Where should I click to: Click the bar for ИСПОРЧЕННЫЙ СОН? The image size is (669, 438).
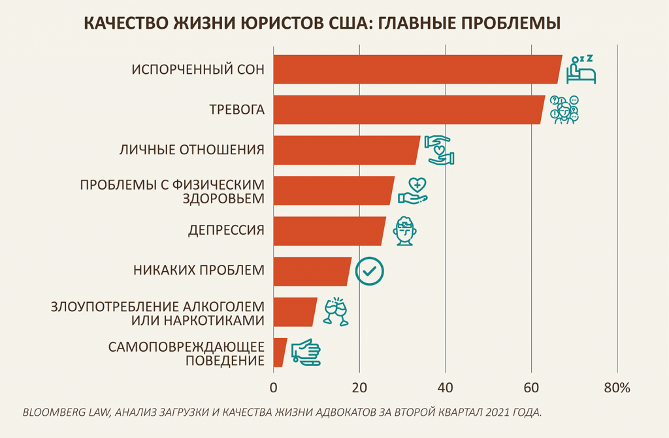417,69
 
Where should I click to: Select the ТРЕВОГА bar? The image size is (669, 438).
408,110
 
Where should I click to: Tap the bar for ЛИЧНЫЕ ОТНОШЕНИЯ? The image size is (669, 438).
346,150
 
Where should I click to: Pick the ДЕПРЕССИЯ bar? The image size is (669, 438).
329,231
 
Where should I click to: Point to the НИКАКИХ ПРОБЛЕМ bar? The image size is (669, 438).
312,271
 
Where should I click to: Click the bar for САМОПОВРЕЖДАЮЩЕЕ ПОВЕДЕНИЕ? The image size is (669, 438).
280,352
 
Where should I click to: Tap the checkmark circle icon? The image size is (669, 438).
369,271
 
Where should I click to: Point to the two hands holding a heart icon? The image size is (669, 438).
440,150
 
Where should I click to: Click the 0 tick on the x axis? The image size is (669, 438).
273,388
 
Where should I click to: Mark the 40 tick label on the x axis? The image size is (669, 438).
445,388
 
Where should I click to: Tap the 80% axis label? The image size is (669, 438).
617,388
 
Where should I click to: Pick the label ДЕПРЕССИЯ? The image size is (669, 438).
226,231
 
